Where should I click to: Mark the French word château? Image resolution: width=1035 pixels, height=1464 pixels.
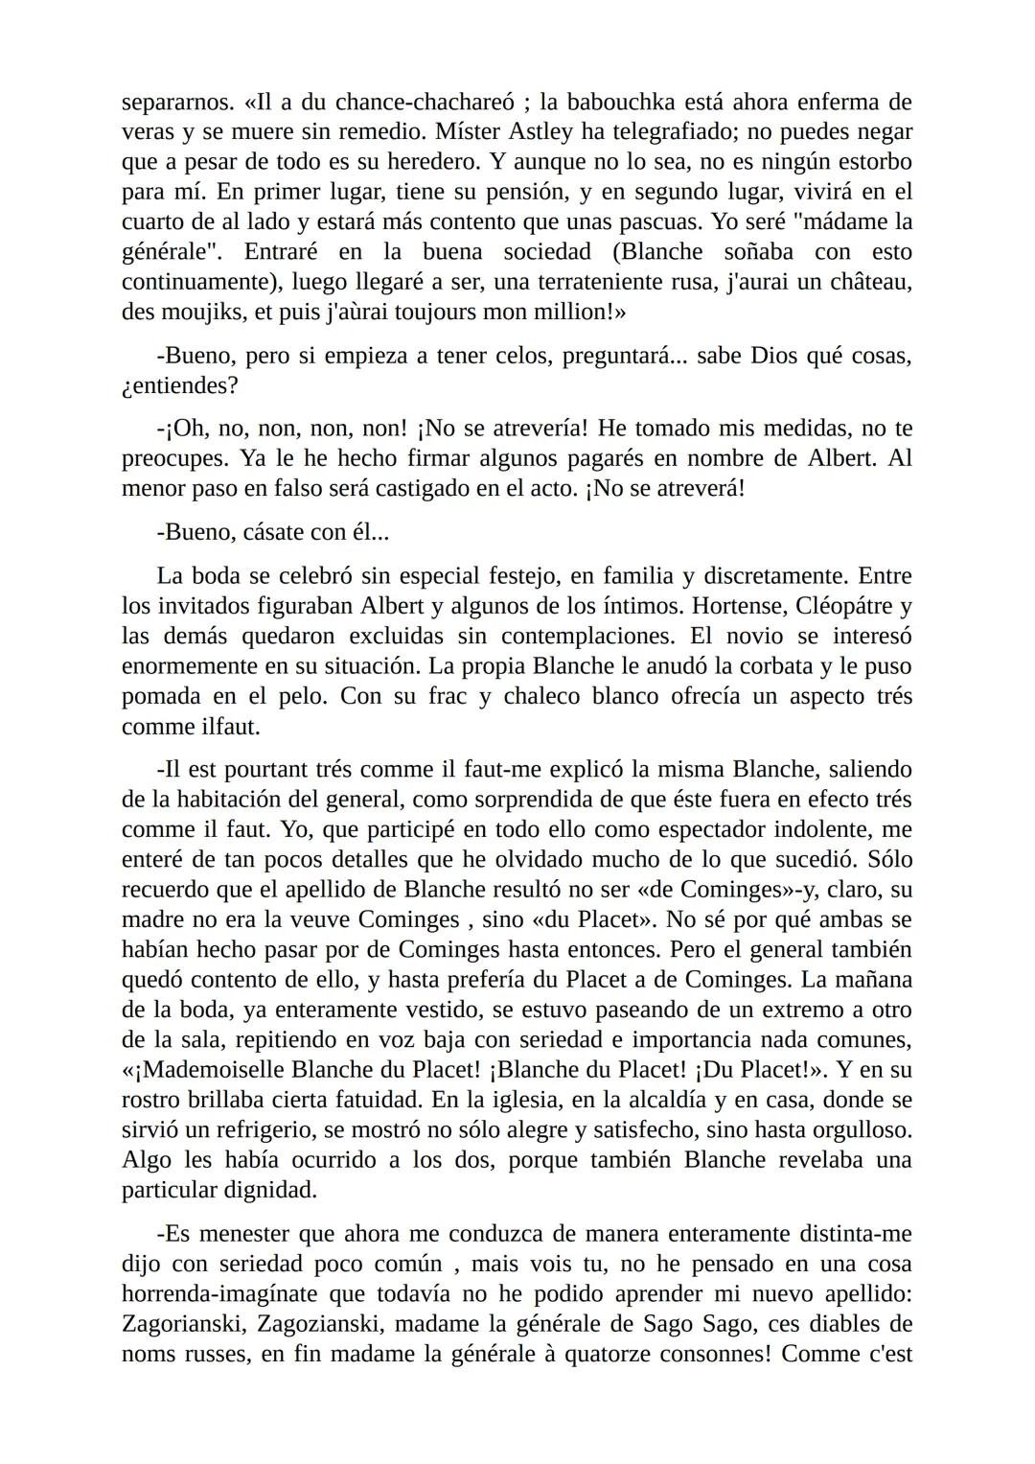pos(866,282)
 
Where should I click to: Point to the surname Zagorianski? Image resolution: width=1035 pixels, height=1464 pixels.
pos(199,1324)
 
